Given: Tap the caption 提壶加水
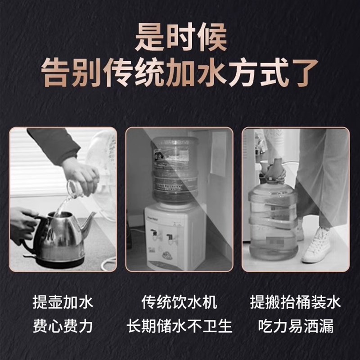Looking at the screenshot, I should [63, 302].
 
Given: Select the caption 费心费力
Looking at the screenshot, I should [63, 325].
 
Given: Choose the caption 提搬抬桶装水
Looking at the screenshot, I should [296, 302].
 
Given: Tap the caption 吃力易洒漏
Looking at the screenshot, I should [296, 325].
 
